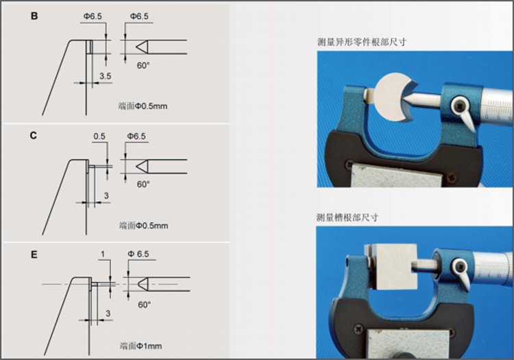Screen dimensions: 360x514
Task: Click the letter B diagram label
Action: pos(34,14)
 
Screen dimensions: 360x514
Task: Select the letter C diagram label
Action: pos(34,135)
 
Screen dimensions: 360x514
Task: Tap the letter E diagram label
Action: pos(34,254)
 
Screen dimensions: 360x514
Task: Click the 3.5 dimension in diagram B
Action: pos(105,75)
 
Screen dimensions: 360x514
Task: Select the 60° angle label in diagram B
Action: pos(143,65)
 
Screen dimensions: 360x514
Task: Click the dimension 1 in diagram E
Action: pos(101,254)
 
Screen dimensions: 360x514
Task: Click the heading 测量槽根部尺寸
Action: pos(347,217)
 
